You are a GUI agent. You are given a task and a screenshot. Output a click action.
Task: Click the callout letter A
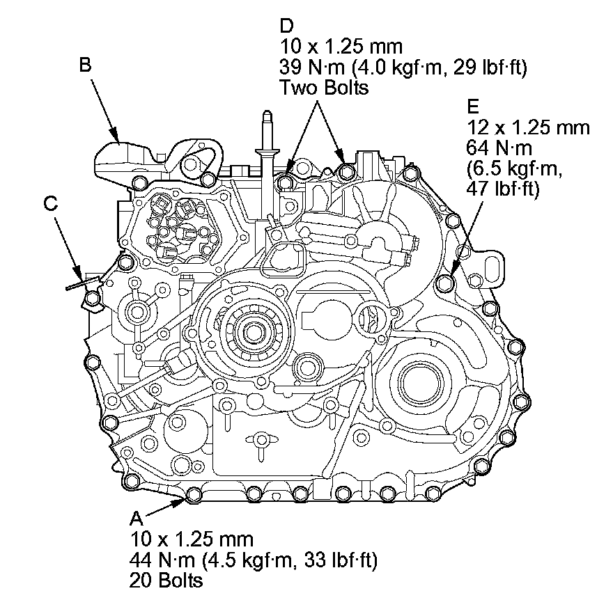tap(136, 519)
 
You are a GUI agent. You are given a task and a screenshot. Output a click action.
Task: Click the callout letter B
tap(85, 65)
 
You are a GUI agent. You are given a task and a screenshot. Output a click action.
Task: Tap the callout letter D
tap(286, 26)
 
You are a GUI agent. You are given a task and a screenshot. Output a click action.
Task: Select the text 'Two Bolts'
tap(323, 88)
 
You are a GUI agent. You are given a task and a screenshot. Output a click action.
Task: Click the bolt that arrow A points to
tap(195, 495)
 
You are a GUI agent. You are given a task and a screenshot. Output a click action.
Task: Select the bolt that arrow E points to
tap(445, 283)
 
